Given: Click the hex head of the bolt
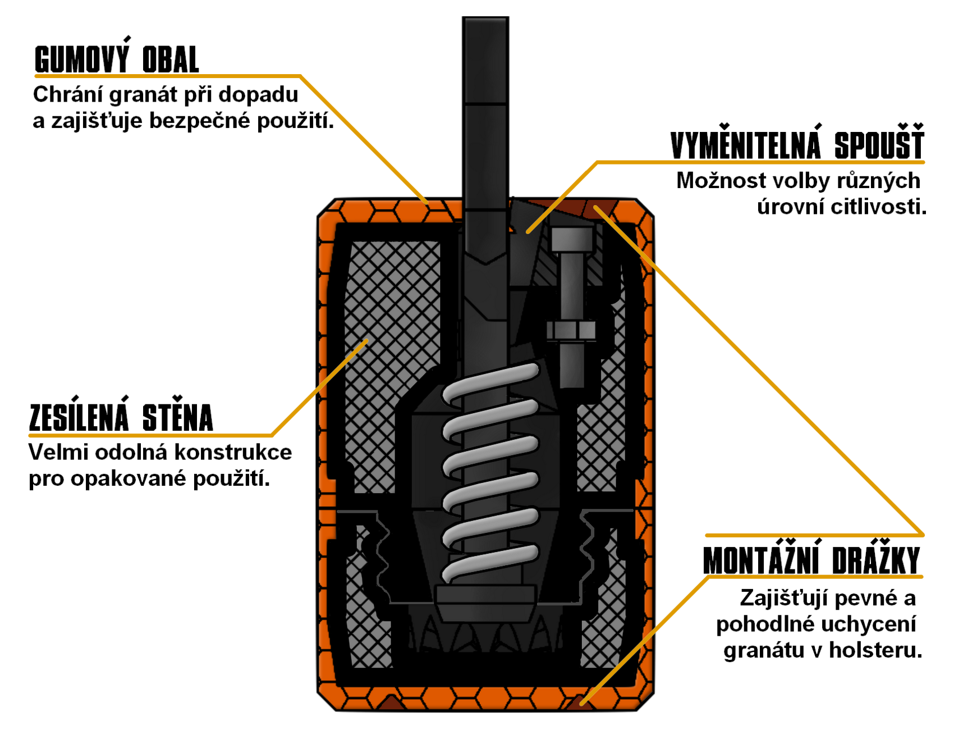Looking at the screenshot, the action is point(572,239).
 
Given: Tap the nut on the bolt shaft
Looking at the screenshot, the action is point(571,330).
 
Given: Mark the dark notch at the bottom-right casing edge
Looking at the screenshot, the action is point(581,702).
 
